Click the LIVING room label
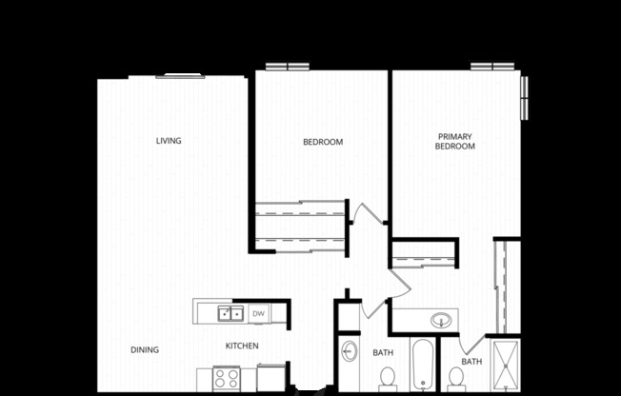click(x=169, y=141)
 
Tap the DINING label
click(x=145, y=349)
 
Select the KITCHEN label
click(x=242, y=346)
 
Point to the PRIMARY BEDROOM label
click(x=455, y=142)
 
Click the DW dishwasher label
click(x=258, y=312)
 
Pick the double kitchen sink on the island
click(x=230, y=312)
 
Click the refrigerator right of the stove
click(x=270, y=377)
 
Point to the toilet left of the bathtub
click(x=387, y=379)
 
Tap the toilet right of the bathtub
click(x=456, y=379)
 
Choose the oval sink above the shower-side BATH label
click(x=442, y=320)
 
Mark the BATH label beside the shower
click(x=471, y=362)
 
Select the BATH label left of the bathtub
click(x=383, y=353)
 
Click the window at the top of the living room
click(x=180, y=76)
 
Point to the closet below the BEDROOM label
click(x=299, y=225)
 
